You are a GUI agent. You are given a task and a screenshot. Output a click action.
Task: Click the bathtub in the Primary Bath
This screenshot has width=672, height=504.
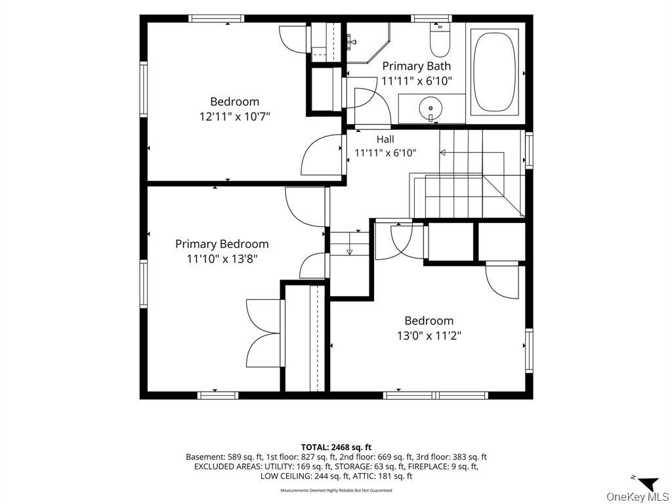tap(495, 72)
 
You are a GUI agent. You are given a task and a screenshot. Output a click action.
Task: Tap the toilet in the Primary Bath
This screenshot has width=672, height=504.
tap(440, 41)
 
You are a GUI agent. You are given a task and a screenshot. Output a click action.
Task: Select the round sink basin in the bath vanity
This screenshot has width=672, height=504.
tap(430, 108)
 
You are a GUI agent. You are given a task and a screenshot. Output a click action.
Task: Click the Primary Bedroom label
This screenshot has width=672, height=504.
tap(222, 244)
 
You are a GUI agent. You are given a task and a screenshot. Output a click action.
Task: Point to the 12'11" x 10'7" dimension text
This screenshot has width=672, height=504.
tap(235, 116)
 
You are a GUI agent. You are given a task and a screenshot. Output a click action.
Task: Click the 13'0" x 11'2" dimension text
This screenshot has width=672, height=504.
tap(429, 335)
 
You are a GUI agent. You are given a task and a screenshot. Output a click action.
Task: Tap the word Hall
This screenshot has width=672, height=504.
tap(385, 139)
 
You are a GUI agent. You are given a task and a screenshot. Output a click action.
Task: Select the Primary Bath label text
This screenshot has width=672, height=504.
tap(417, 66)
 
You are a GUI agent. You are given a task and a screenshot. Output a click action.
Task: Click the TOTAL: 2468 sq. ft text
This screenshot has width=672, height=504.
tap(336, 448)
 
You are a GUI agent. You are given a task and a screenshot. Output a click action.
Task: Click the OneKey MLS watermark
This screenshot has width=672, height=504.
tap(637, 497)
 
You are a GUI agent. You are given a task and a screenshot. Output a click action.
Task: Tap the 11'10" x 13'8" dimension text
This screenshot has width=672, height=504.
tap(222, 259)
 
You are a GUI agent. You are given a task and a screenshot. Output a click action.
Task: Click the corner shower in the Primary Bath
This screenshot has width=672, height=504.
tap(368, 43)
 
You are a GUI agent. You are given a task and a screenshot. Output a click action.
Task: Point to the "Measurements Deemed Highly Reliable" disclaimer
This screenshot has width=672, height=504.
tap(336, 490)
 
